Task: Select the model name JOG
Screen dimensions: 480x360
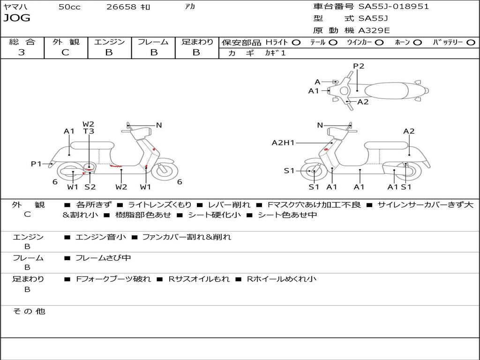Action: [x=16, y=18]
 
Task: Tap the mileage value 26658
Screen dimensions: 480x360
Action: [x=121, y=7]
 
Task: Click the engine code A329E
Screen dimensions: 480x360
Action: [x=374, y=30]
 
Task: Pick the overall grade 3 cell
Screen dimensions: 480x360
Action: [x=22, y=52]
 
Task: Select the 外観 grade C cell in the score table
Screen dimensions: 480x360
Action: [x=65, y=52]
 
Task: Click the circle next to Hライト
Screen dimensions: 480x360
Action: [x=296, y=42]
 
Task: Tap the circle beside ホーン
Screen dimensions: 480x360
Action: [x=417, y=42]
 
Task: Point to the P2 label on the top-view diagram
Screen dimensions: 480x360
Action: [x=359, y=66]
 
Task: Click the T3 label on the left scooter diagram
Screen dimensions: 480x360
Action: [x=89, y=131]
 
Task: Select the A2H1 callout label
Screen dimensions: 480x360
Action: [x=283, y=143]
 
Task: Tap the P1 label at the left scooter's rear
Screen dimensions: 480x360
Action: [x=36, y=164]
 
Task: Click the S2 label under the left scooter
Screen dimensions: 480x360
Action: [x=90, y=187]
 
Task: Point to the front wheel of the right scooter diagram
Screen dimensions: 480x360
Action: [x=314, y=172]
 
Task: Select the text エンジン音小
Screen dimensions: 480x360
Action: [x=101, y=237]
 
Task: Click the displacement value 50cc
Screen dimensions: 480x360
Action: [x=69, y=7]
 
